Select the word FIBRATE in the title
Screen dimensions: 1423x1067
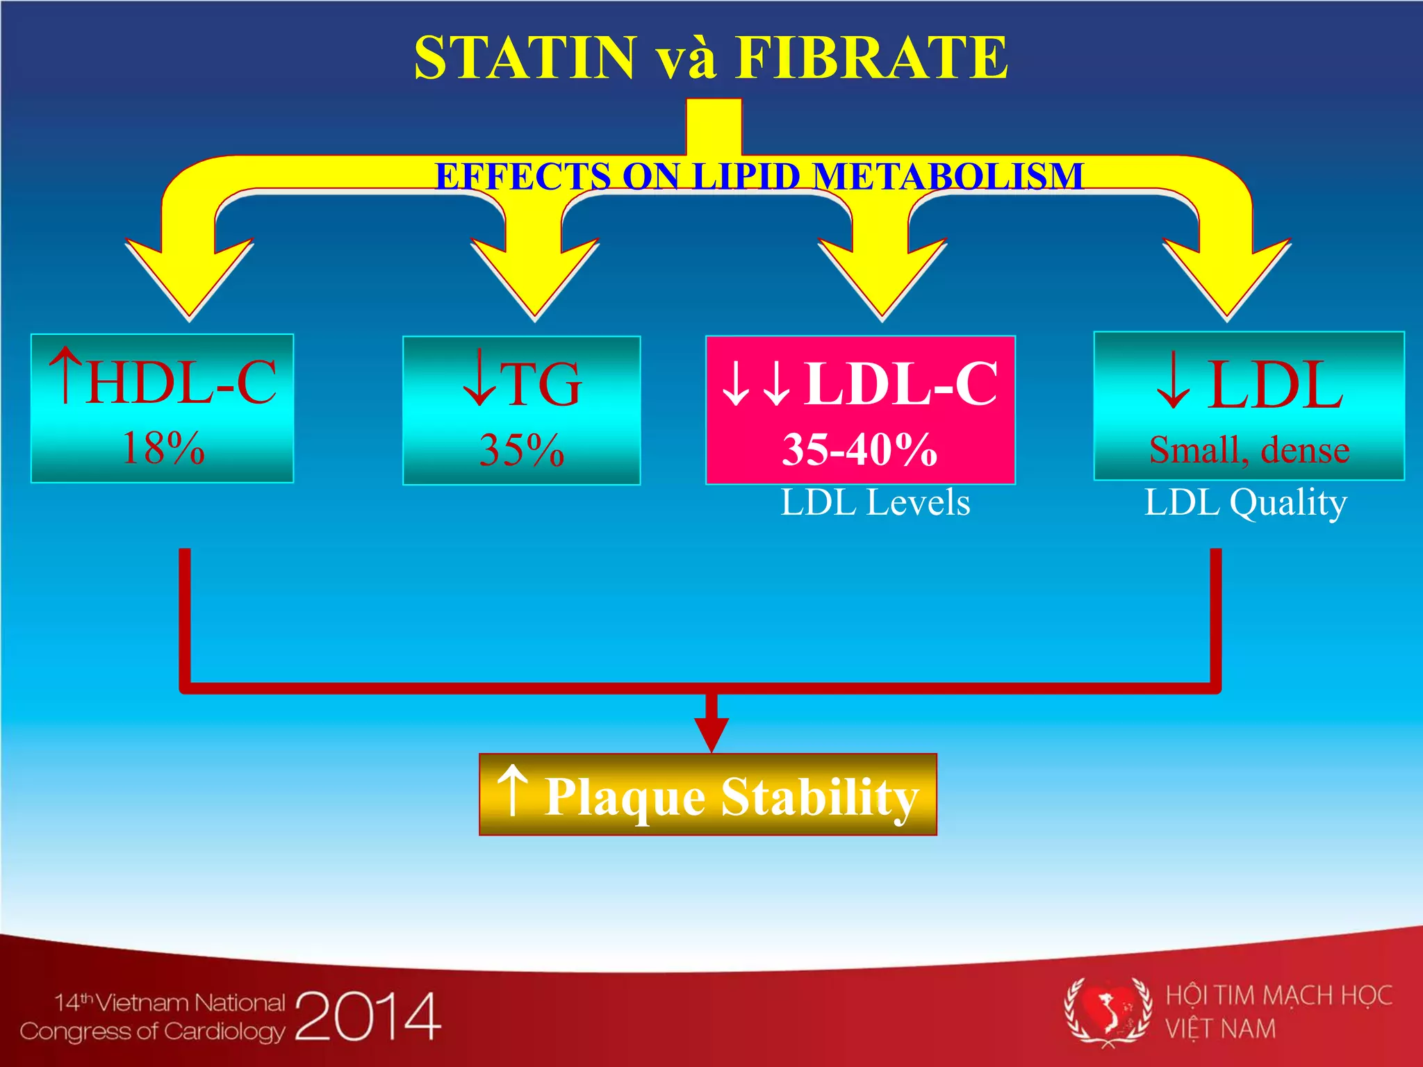871,58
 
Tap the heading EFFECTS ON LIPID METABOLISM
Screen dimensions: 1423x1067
759,176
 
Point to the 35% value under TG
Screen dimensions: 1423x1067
521,450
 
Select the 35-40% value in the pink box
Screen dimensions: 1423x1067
860,449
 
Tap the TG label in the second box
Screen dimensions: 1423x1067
541,384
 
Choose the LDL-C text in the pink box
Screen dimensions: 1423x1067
901,383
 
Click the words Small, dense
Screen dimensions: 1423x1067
1249,450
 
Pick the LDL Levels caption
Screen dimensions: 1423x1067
875,502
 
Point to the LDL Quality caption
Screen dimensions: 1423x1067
1246,502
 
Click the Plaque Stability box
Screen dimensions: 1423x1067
708,795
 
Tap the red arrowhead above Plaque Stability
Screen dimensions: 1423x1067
711,733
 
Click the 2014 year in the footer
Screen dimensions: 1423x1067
368,1016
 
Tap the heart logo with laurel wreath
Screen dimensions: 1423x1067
1108,1011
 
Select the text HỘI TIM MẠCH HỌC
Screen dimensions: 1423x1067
1278,995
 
